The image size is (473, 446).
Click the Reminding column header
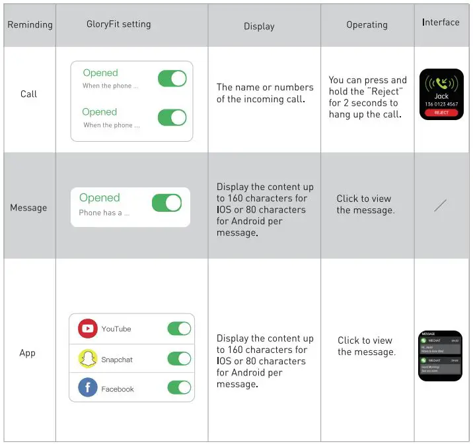tap(30, 25)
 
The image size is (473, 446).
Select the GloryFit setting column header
tap(119, 24)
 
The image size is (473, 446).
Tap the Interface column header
tap(441, 22)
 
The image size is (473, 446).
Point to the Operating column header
tap(367, 25)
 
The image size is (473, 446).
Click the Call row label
tap(29, 94)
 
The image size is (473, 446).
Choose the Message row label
tap(28, 208)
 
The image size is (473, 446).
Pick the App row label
tap(28, 353)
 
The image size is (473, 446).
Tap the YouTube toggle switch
tap(179, 329)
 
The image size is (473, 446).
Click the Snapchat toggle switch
tap(179, 359)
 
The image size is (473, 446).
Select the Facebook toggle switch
tap(179, 389)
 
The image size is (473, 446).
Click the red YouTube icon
tap(88, 329)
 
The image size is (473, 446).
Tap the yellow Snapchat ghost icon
tap(88, 359)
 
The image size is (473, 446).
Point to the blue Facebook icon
tap(88, 388)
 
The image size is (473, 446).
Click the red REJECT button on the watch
tap(441, 113)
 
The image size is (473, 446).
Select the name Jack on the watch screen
tap(441, 96)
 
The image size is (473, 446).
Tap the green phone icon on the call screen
tap(441, 82)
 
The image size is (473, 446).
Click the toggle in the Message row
tap(166, 203)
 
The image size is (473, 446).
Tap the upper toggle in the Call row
tap(172, 79)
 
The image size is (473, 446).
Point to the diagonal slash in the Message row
tap(441, 205)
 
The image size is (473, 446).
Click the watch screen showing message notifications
tap(441, 356)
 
